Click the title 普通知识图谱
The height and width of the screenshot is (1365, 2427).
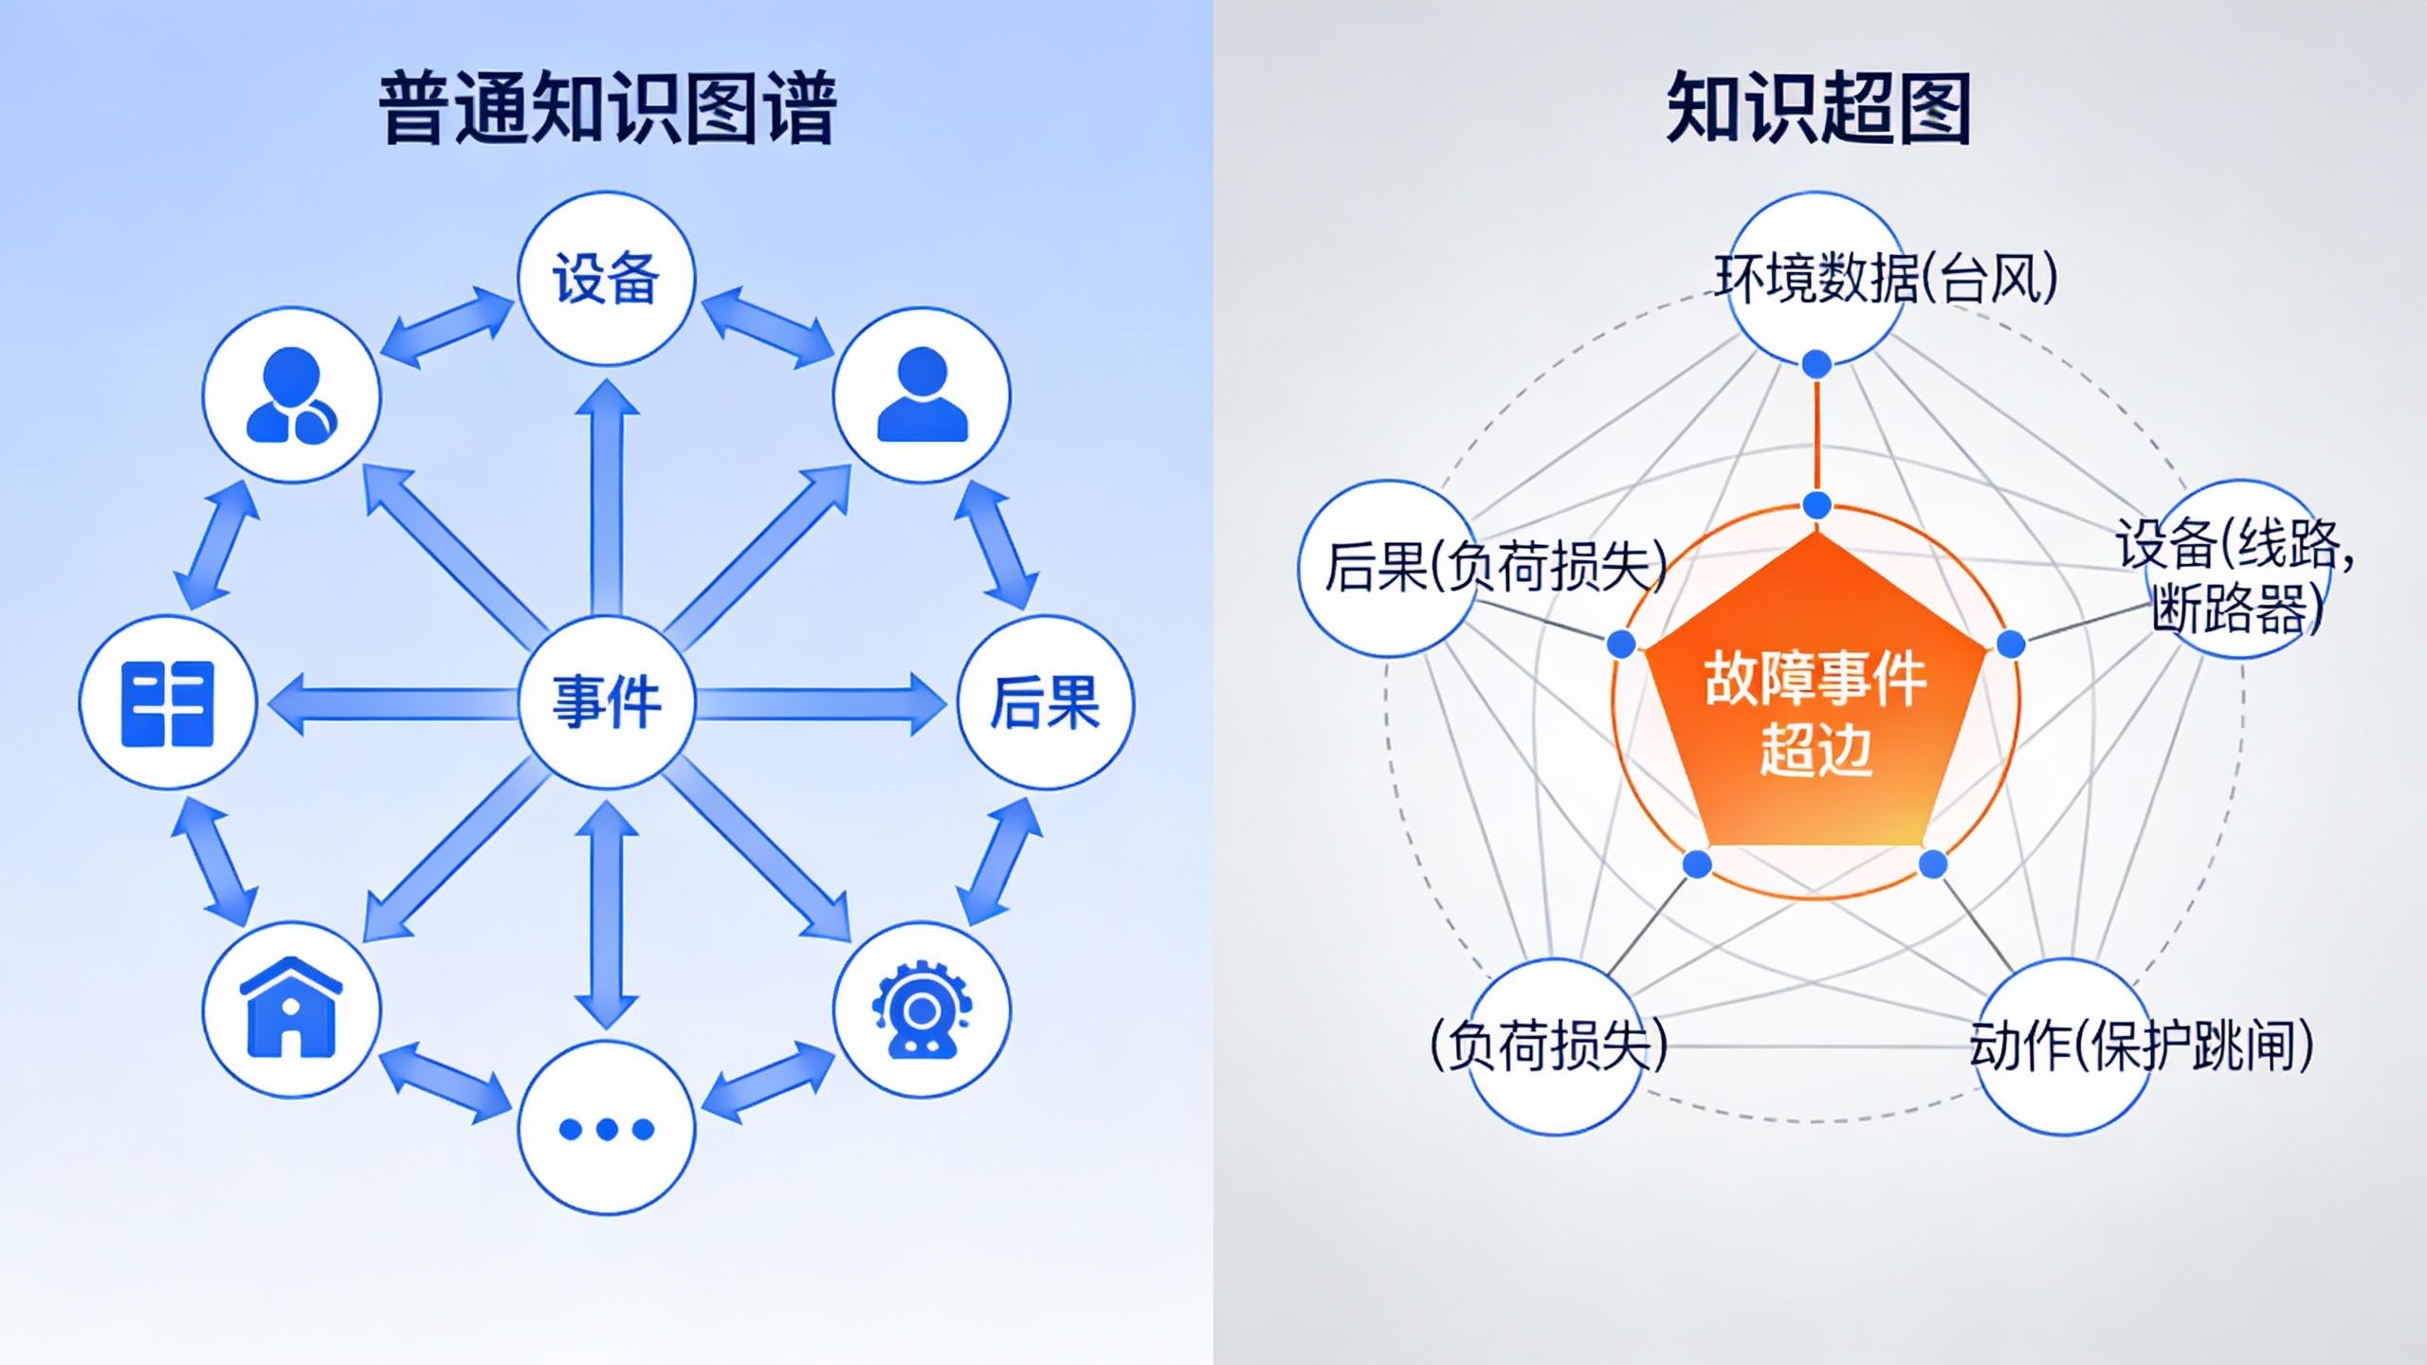pos(607,108)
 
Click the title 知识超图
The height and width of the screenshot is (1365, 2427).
pos(1818,108)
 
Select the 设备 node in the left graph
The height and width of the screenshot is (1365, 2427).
pos(607,279)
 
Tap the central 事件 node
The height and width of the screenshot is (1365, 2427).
pos(607,701)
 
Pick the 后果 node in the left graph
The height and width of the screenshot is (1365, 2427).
pos(1045,701)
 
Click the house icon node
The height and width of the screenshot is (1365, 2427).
pos(291,1009)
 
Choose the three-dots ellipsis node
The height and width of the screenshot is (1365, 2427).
pos(607,1128)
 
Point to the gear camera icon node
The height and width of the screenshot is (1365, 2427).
pos(922,1009)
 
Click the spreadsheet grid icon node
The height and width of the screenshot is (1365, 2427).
pos(168,701)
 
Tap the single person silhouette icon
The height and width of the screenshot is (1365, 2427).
pos(922,394)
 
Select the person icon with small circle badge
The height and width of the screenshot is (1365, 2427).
pos(291,394)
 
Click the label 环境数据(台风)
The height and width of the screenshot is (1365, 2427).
pos(1886,279)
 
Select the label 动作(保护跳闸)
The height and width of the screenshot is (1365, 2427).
pos(2141,1046)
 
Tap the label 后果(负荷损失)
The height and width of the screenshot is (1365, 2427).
pos(1495,567)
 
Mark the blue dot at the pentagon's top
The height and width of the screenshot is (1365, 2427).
pos(1816,505)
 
